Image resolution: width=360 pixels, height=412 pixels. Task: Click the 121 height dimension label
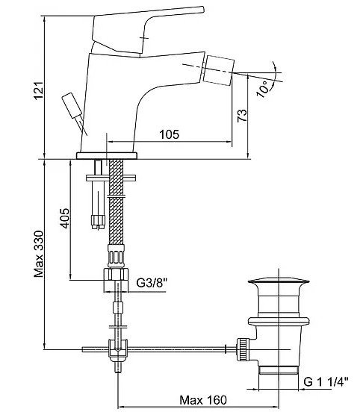click(39, 90)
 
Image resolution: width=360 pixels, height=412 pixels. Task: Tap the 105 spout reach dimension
click(170, 134)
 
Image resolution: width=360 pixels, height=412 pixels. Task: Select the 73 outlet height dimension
click(242, 116)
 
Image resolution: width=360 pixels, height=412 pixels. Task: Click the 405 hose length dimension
click(64, 218)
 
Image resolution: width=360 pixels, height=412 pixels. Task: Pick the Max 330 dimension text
click(39, 254)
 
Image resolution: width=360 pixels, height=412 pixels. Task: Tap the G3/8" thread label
click(152, 283)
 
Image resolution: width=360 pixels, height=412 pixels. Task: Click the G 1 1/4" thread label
click(326, 382)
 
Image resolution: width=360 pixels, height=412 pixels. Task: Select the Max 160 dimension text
click(203, 400)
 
